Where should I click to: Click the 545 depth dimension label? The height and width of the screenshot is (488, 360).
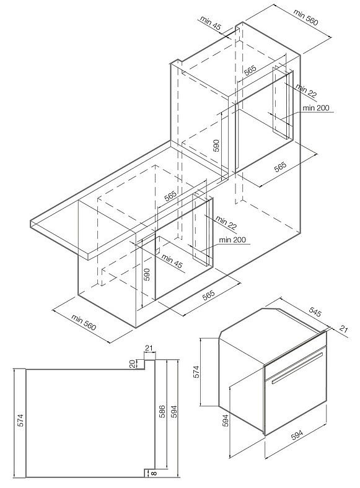click(x=315, y=312)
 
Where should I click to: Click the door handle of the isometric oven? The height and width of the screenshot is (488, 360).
click(x=297, y=368)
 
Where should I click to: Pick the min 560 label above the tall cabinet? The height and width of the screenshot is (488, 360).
click(x=306, y=17)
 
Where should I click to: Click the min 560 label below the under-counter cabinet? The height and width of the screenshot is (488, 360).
click(x=84, y=322)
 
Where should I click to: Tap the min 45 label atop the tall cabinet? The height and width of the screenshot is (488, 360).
click(x=210, y=23)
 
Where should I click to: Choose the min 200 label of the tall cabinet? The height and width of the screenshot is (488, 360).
click(x=316, y=108)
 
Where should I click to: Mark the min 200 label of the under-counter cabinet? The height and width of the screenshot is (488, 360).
click(x=232, y=240)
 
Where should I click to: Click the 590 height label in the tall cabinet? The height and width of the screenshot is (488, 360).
click(x=216, y=146)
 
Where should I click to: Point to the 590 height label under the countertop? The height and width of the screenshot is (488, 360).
click(x=147, y=274)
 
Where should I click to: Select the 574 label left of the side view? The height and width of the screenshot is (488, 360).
click(x=20, y=420)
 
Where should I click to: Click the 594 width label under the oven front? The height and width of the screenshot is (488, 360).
click(x=297, y=434)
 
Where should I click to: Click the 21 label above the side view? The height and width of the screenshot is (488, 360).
click(x=149, y=347)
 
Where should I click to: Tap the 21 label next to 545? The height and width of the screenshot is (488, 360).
click(x=343, y=329)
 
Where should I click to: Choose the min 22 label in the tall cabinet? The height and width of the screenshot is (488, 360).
click(x=306, y=91)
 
